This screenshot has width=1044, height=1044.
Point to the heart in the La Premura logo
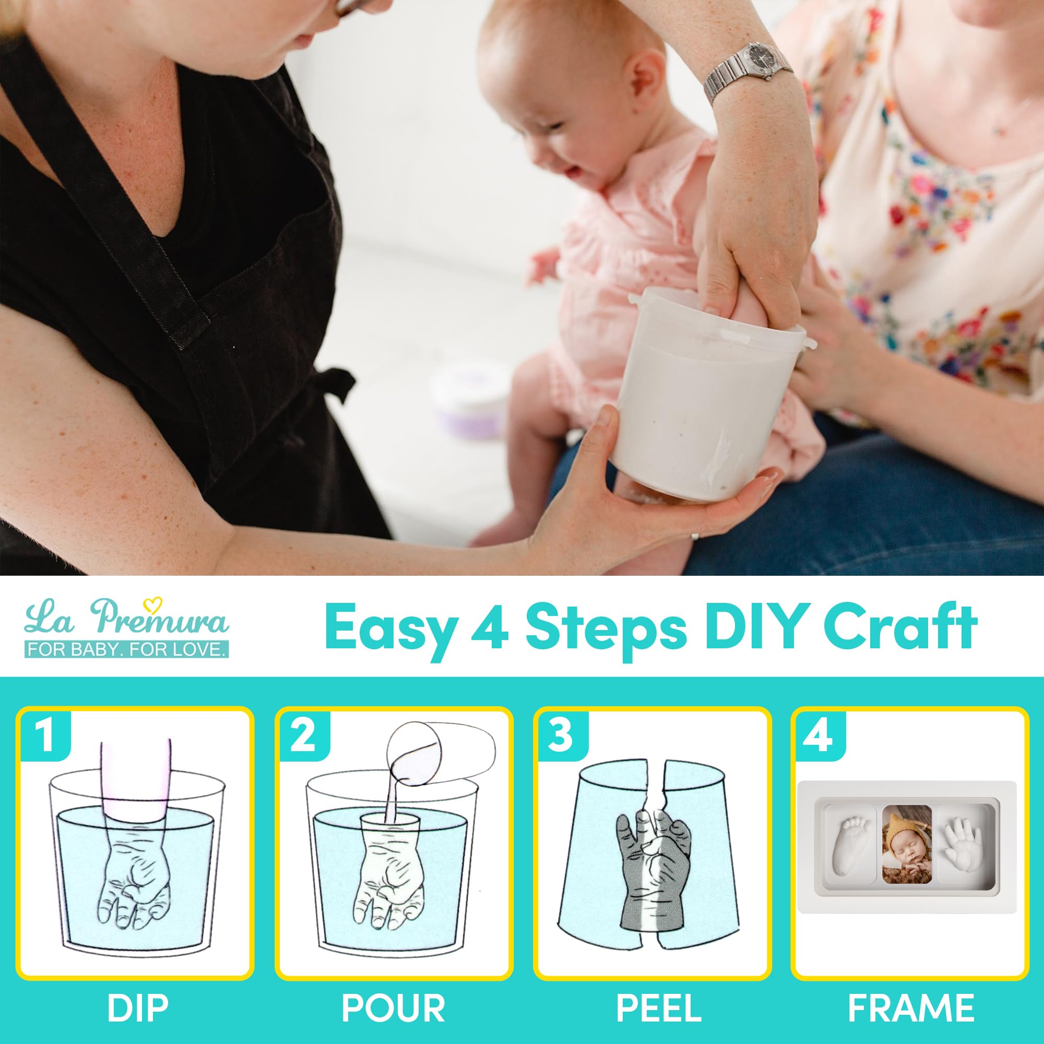[157, 603]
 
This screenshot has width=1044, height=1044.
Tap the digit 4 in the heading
[489, 627]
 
